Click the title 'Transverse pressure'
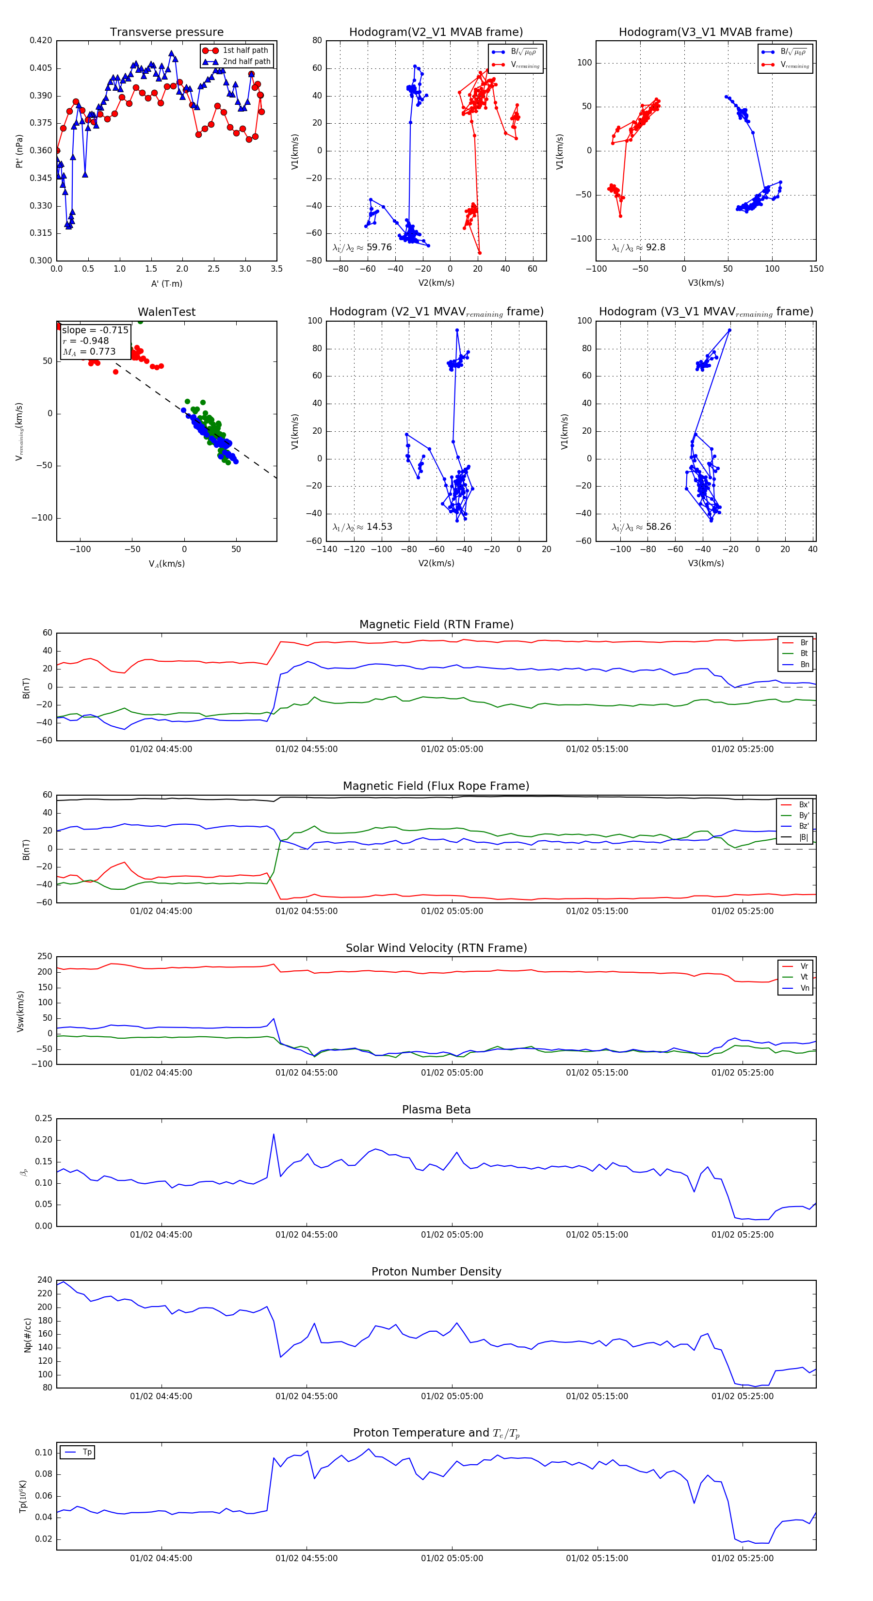click(x=166, y=33)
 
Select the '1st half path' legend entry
click(x=245, y=50)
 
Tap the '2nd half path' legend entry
click(x=246, y=62)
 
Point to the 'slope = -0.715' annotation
click(x=95, y=330)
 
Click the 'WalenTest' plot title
click(x=166, y=312)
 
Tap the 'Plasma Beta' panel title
click(x=436, y=1110)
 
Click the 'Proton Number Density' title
click(x=436, y=1272)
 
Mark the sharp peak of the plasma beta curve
click(x=274, y=1134)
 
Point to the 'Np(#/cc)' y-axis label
click(x=27, y=1335)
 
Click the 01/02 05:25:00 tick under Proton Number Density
click(x=743, y=1396)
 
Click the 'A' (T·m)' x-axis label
click(x=166, y=283)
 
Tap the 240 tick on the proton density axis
click(x=45, y=1280)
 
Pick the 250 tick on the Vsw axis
click(x=45, y=957)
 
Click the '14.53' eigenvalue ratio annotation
click(x=379, y=527)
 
